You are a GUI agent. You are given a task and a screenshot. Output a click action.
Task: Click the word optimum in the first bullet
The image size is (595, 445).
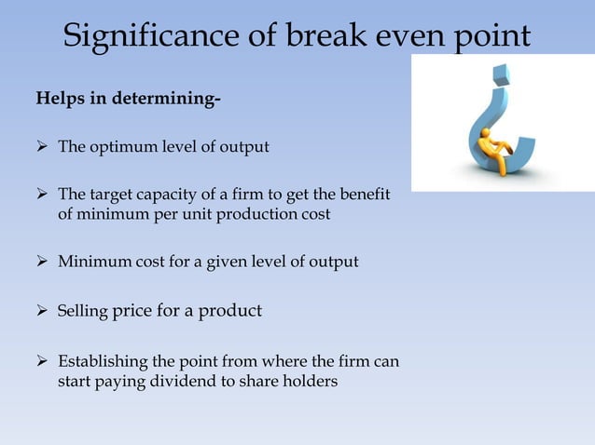pos(121,147)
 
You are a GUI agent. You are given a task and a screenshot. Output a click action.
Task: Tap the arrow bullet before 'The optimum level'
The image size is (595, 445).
pos(42,147)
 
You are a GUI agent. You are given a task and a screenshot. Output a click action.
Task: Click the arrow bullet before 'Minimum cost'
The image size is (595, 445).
pos(42,263)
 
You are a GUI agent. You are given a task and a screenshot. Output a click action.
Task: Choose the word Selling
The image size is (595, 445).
pos(83,311)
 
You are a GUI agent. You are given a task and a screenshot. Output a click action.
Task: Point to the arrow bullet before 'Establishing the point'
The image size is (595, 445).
pos(42,359)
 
